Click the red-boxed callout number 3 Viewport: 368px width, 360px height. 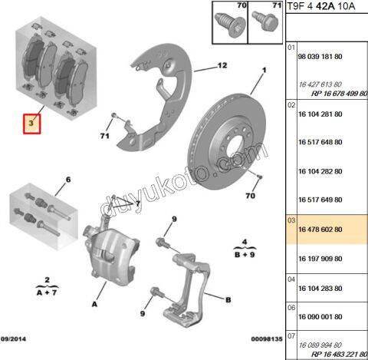point(31,124)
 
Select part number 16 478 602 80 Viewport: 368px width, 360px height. point(320,230)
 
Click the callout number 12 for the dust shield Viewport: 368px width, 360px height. point(222,65)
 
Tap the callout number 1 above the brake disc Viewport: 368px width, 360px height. point(264,70)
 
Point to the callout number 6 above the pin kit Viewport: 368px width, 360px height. point(68,180)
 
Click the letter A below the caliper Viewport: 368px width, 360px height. point(94,304)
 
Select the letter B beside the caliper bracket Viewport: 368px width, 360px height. point(228,300)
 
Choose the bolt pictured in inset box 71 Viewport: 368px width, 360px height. point(265,21)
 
